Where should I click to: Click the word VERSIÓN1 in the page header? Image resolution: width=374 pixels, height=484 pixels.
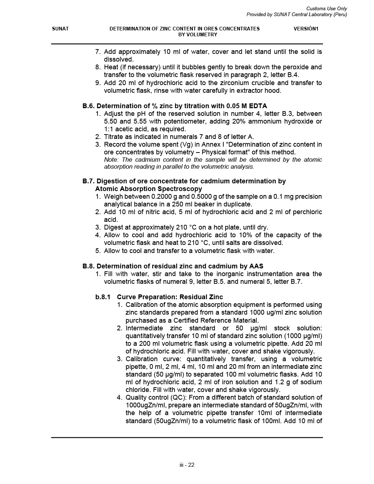point(306,29)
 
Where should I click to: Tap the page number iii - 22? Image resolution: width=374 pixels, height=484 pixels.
point(187,465)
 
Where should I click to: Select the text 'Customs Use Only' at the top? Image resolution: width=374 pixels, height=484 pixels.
point(326,8)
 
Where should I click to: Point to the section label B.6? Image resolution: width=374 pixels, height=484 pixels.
point(88,106)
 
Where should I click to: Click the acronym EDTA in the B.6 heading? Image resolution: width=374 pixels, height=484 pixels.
point(258,106)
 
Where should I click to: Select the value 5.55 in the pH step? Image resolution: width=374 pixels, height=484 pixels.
point(139,121)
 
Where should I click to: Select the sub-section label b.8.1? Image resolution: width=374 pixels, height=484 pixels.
point(103,297)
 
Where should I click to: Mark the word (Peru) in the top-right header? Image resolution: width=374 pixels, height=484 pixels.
point(340,14)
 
